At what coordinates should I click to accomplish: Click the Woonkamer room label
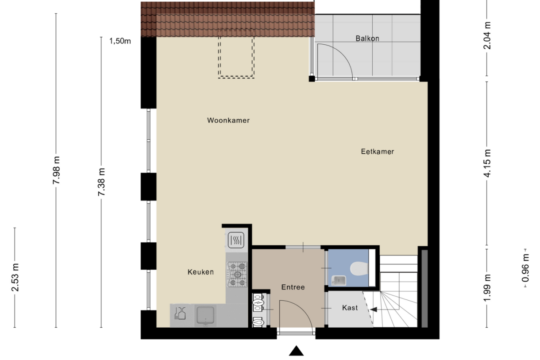coord(228,120)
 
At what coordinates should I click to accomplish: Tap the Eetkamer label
coord(378,151)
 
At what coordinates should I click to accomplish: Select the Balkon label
coord(367,39)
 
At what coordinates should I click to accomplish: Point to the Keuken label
coord(201,272)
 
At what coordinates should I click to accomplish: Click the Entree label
coord(293,287)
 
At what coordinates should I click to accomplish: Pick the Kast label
coord(350,307)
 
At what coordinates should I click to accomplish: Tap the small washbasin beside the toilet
coord(339,279)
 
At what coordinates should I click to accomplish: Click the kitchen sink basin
coord(205,315)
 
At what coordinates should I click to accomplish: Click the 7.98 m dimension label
coord(56,170)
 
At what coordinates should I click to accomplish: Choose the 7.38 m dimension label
coord(101,182)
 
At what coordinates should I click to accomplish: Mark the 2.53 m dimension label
coord(15,277)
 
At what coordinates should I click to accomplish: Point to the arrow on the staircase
coord(374,310)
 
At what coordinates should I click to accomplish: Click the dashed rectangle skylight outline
coord(236,57)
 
